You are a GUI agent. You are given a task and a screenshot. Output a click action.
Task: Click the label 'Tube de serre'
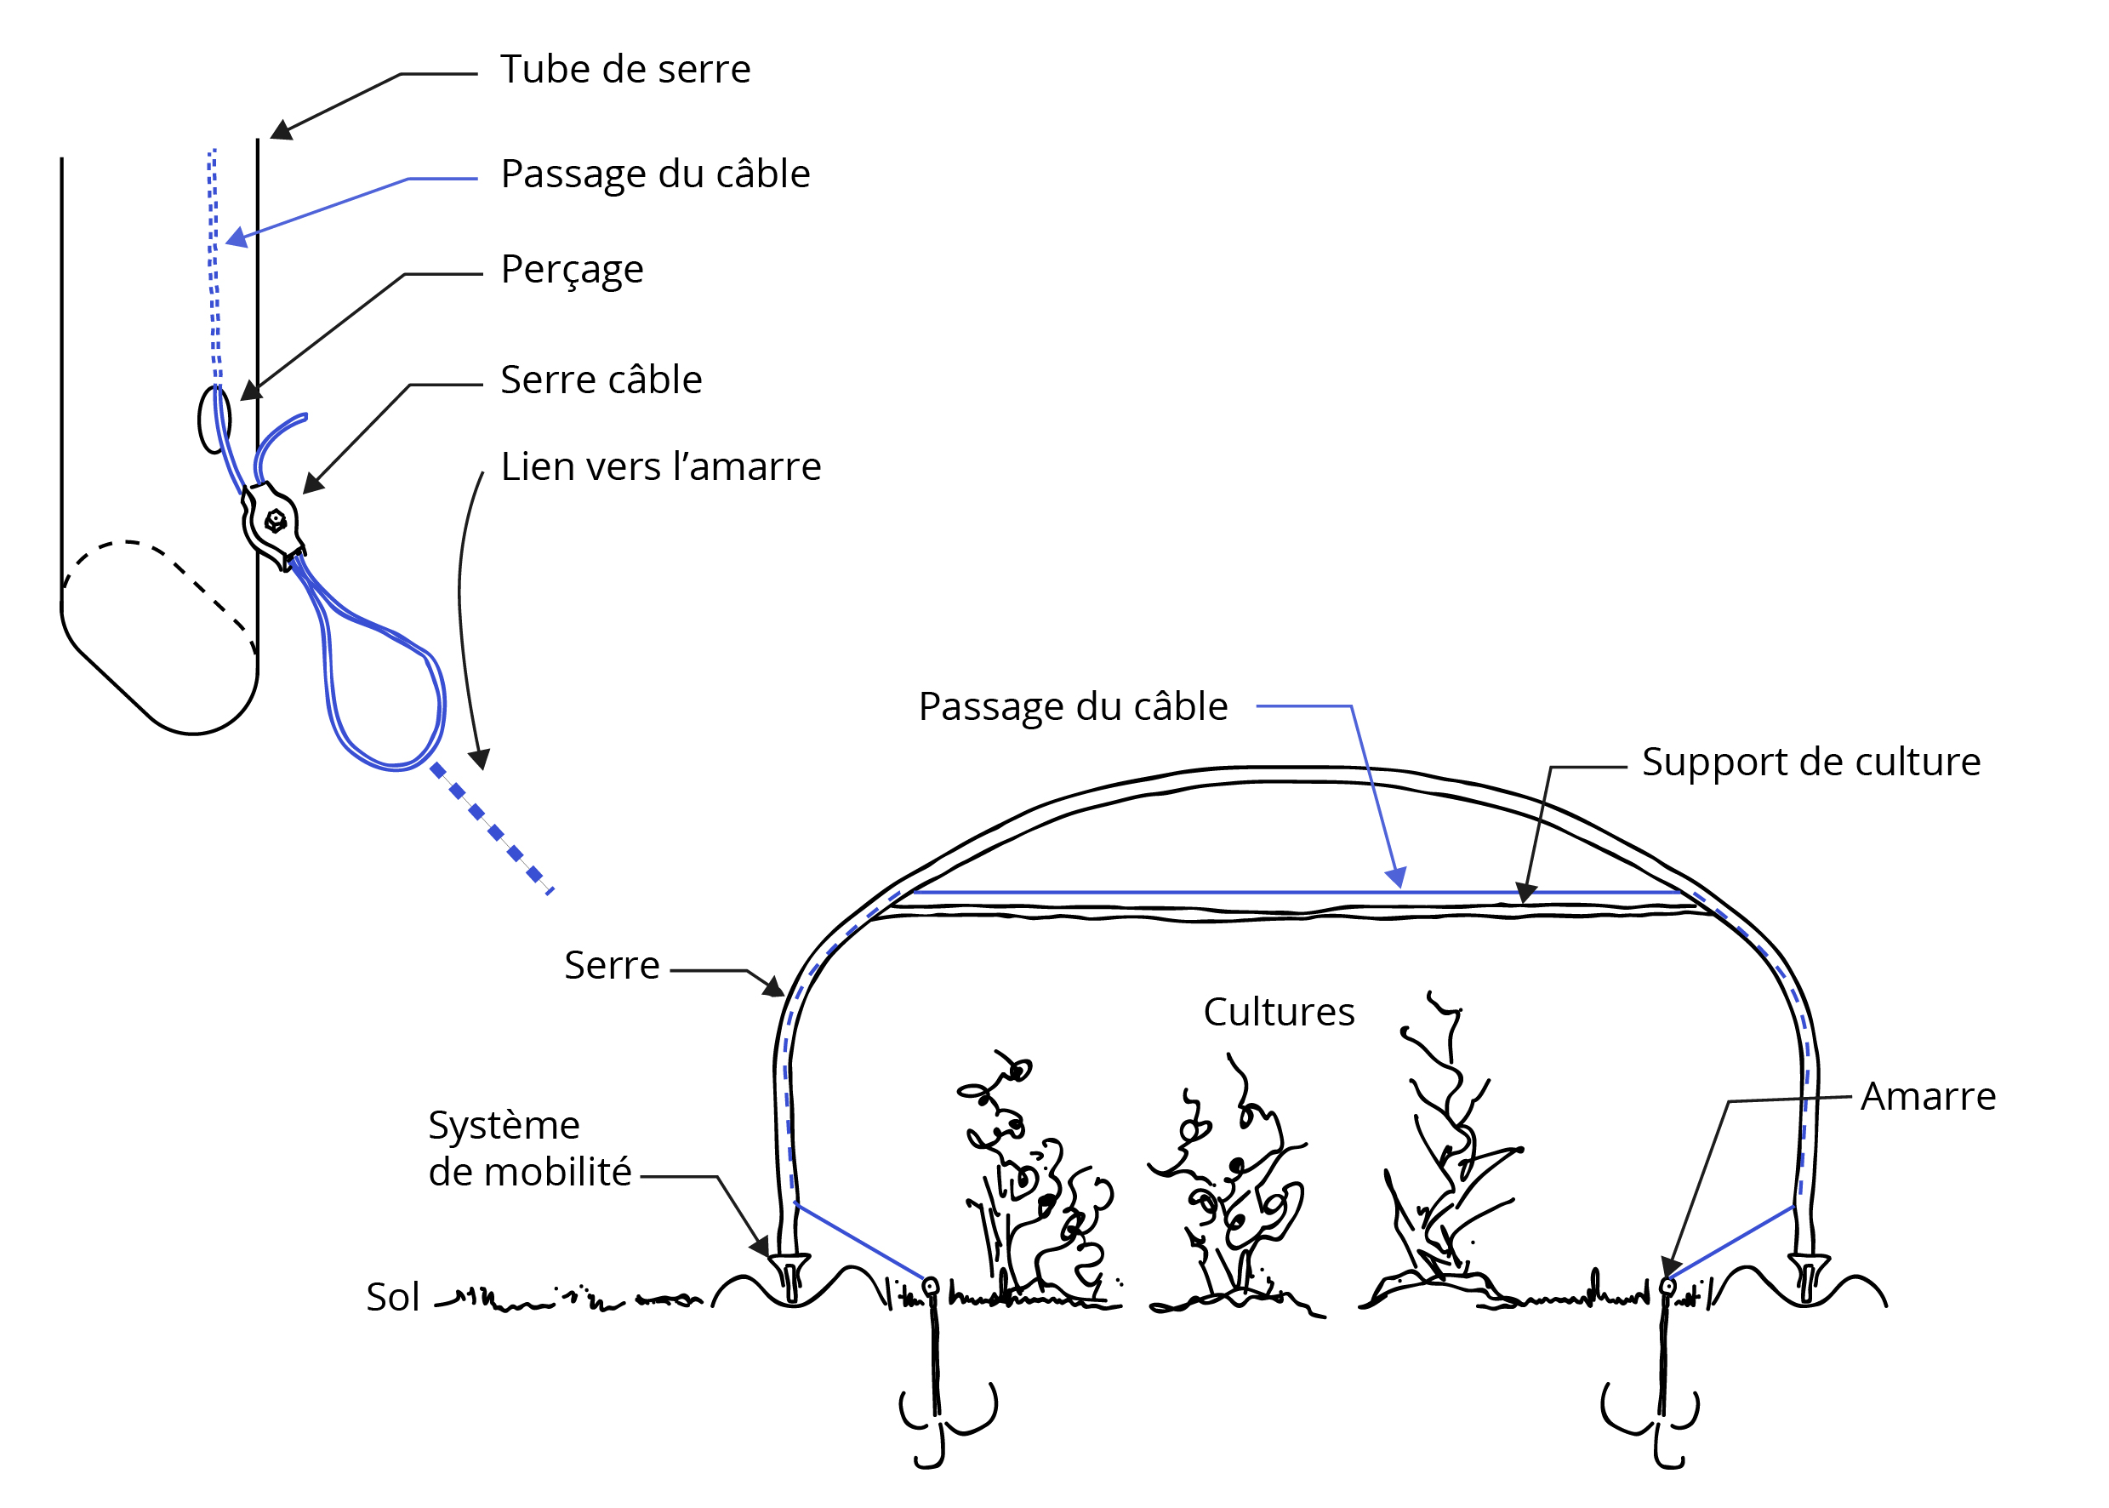624,70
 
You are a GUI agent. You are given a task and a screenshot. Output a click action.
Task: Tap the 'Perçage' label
572,269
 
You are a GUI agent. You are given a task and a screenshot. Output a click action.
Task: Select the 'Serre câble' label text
601,380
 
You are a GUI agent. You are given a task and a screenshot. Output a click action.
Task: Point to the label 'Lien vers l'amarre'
660,466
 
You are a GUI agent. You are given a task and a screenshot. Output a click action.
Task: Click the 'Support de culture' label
1810,762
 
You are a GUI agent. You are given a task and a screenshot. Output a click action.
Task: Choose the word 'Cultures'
1278,1011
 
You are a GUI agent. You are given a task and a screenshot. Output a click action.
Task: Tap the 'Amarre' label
1927,1096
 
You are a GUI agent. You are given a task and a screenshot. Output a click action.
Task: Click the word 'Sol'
393,1296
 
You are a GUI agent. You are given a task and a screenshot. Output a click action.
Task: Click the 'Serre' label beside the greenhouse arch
612,965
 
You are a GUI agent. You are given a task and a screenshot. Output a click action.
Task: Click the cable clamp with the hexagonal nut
273,522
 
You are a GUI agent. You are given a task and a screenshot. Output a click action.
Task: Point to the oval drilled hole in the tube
214,420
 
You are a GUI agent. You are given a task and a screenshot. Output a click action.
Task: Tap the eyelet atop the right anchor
1667,1287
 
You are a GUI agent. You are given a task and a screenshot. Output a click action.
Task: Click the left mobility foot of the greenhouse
791,1276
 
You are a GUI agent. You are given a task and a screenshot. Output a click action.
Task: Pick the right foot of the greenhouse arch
1808,1276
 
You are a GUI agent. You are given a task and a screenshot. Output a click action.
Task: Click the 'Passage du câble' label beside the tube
654,174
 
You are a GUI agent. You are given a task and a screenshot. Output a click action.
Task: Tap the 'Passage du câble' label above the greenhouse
1072,705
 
